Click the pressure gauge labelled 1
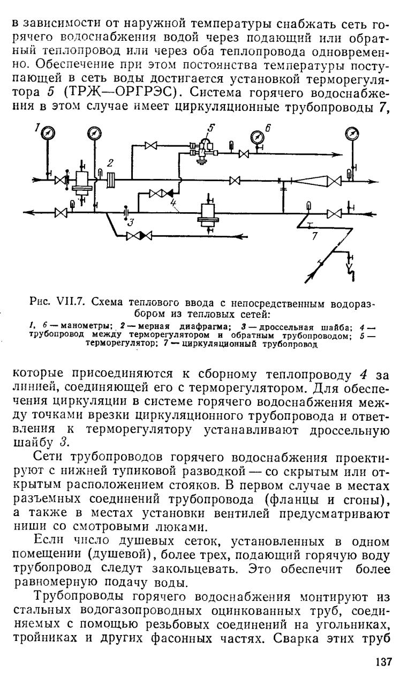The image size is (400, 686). click(x=48, y=133)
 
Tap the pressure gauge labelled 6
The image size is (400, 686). click(x=256, y=136)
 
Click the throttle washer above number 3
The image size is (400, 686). click(x=125, y=212)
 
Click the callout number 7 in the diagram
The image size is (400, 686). click(x=314, y=236)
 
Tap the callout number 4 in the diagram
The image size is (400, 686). click(x=173, y=202)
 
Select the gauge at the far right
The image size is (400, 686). click(x=352, y=134)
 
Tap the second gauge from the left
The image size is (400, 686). click(x=95, y=133)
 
